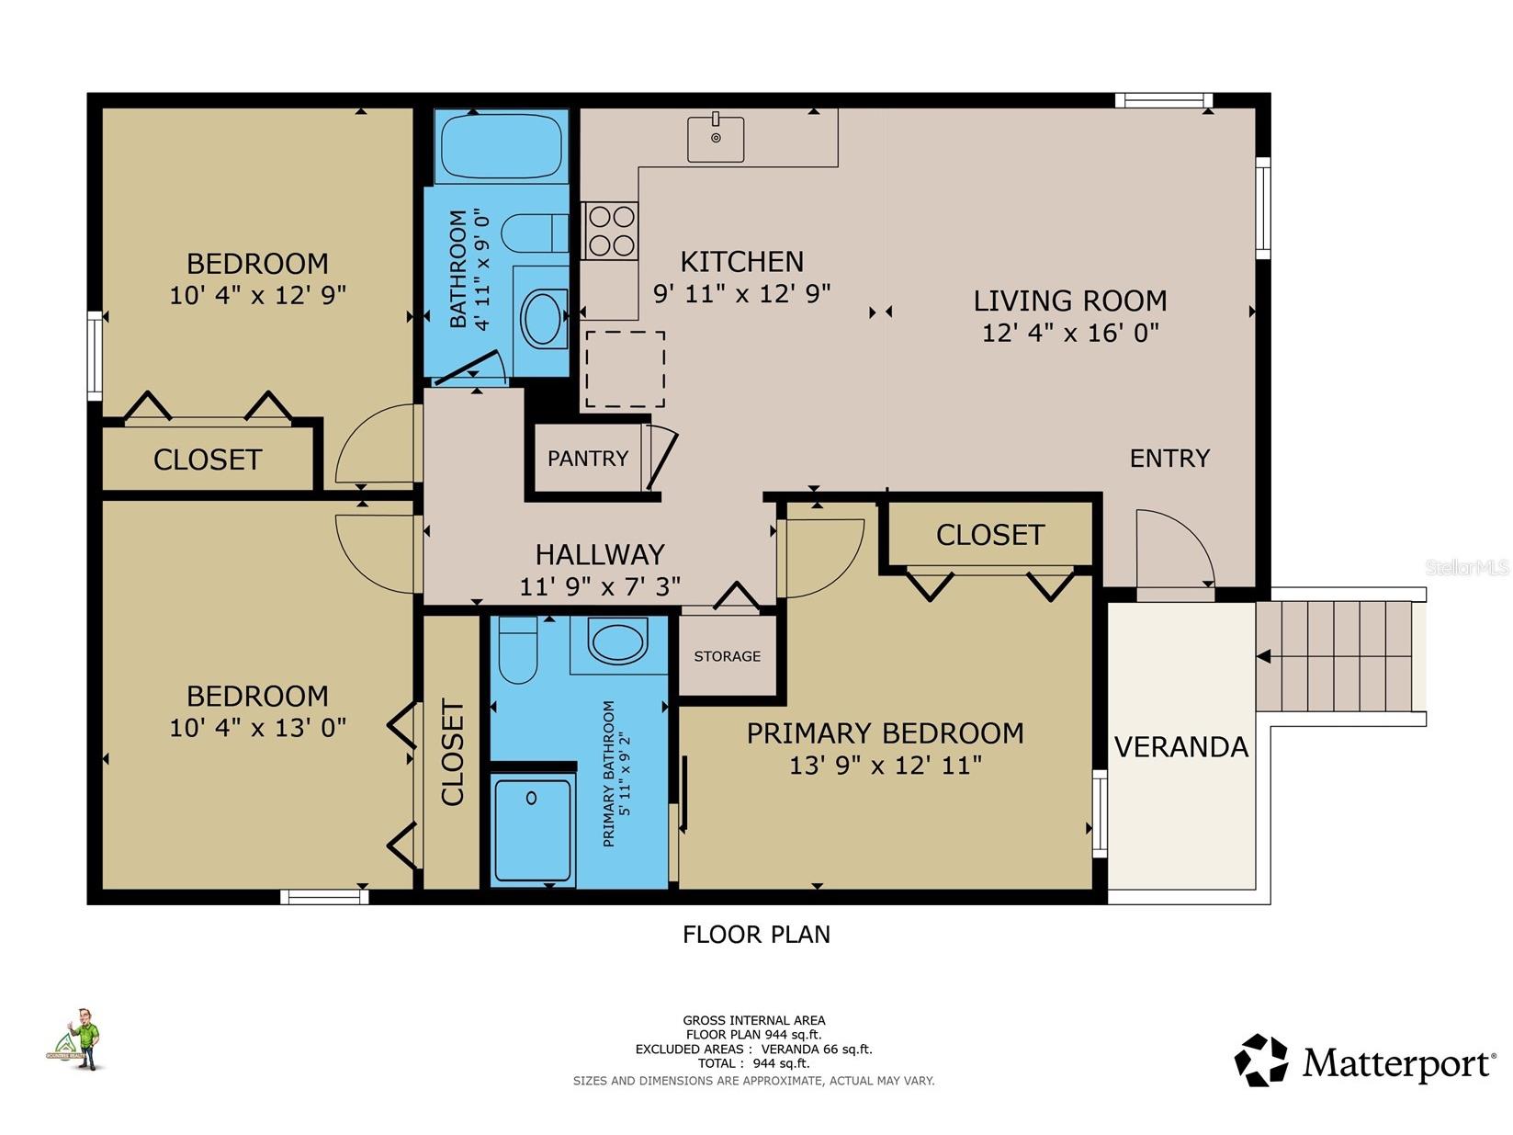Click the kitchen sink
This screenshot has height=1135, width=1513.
click(716, 139)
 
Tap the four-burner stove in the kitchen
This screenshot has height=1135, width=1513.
click(611, 231)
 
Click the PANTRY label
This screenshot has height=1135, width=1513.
click(588, 458)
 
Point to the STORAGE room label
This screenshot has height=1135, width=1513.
click(727, 656)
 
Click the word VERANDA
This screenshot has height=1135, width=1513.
click(1181, 747)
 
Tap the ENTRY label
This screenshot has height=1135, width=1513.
click(1169, 458)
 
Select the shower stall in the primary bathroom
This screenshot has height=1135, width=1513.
click(532, 830)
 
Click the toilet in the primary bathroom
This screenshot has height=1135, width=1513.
click(518, 650)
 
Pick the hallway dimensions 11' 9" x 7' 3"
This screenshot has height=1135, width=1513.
click(600, 586)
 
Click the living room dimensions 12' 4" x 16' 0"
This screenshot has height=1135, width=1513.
click(1070, 333)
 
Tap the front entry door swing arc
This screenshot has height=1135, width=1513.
click(1174, 549)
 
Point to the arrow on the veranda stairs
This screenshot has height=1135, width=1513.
click(1264, 656)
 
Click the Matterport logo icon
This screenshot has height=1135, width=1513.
click(1260, 1061)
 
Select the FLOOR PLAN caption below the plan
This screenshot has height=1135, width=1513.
click(756, 935)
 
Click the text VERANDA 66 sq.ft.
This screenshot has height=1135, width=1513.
click(817, 1049)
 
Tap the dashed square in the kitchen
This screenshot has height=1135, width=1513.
click(625, 369)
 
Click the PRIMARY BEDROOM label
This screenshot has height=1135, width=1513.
click(885, 733)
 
